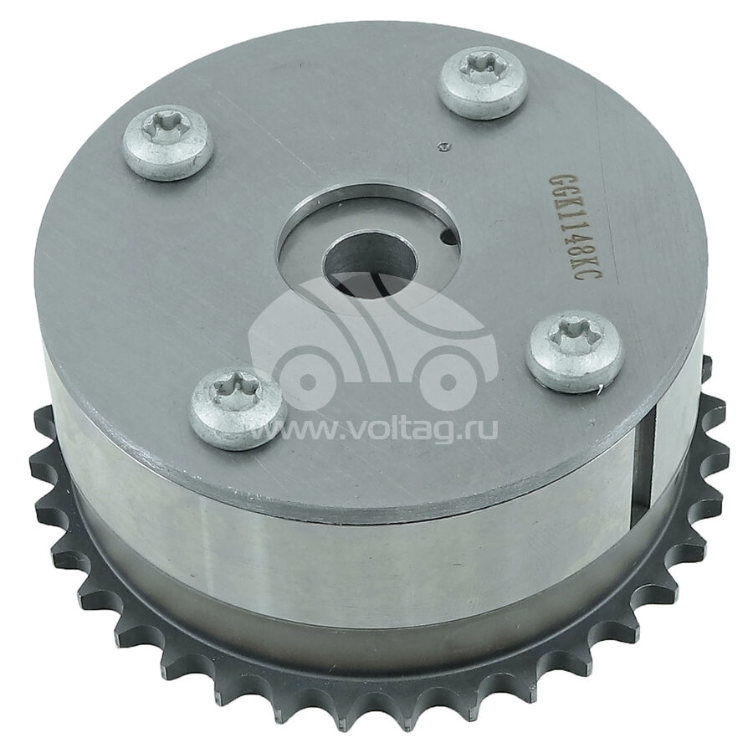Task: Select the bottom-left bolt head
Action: pyautogui.click(x=238, y=400)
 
